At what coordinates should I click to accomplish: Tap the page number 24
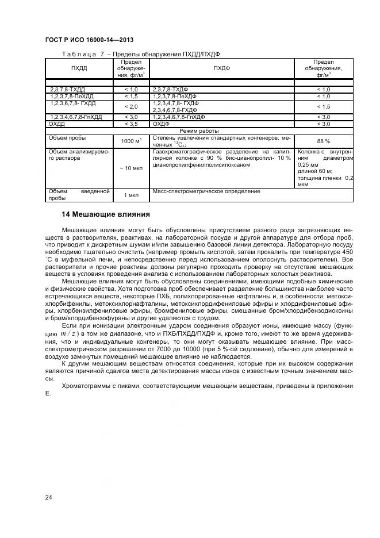(x=48, y=497)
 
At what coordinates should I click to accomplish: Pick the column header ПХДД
(x=79, y=68)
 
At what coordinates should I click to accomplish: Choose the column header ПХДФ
(x=221, y=68)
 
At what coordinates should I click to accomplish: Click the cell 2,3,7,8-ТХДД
(x=67, y=90)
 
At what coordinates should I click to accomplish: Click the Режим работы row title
(x=199, y=130)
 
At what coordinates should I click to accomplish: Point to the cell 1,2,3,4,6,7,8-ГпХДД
(x=76, y=117)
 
